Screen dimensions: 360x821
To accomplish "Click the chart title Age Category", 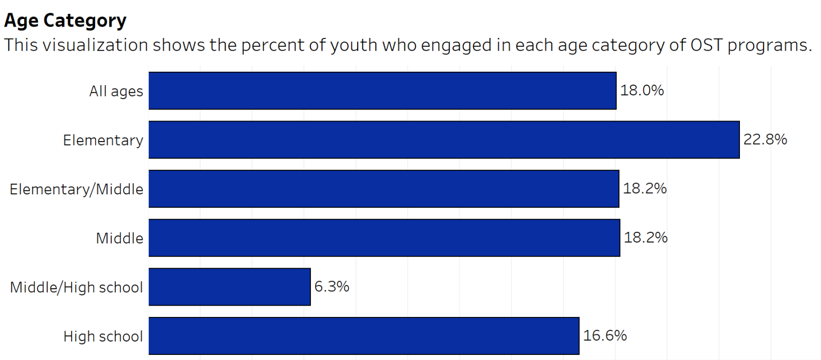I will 65,21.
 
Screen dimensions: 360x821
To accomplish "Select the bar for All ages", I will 382,91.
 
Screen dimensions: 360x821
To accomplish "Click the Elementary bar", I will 444,139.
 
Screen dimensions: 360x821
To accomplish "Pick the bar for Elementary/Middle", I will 384,189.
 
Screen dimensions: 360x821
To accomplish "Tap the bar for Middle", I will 384,238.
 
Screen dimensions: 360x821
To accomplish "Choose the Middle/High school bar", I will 229,287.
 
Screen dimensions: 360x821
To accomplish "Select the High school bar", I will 364,336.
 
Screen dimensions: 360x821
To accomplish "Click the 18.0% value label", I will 642,91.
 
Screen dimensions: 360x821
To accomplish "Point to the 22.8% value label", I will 765,139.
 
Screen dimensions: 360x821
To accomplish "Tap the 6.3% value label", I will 331,287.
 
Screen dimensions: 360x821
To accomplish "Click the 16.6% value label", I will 605,336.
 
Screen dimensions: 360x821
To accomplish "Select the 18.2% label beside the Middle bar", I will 646,237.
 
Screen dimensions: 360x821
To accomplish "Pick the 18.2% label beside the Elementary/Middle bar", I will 644,189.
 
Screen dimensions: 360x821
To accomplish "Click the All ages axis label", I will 116,91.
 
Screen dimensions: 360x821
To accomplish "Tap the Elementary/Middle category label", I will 76,189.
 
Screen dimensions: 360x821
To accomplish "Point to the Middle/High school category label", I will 76,287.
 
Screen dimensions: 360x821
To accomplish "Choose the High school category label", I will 103,336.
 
